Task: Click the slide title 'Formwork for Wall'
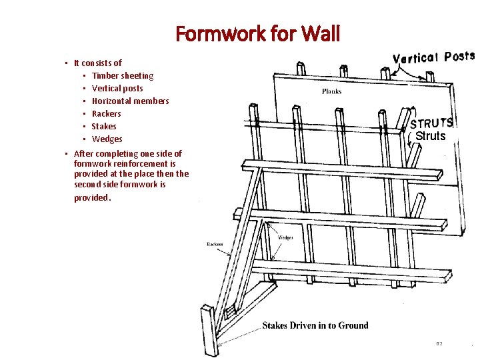tap(257, 33)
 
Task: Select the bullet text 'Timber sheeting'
tap(122, 76)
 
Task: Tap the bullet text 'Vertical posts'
tap(117, 89)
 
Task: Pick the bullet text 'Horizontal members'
tap(130, 101)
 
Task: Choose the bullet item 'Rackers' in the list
tap(106, 114)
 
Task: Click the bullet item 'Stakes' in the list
tap(103, 127)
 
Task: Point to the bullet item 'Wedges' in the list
tap(107, 139)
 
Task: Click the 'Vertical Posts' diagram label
tap(433, 57)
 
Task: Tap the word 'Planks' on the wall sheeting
tap(332, 91)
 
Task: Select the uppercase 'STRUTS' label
tap(431, 123)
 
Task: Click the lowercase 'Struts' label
tap(430, 136)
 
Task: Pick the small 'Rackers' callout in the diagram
tap(215, 244)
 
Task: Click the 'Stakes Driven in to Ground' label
tap(315, 325)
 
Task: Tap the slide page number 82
tap(439, 343)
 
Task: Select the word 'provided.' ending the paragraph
tap(93, 198)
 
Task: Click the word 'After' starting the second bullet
tap(85, 154)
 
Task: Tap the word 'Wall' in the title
tap(320, 33)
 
